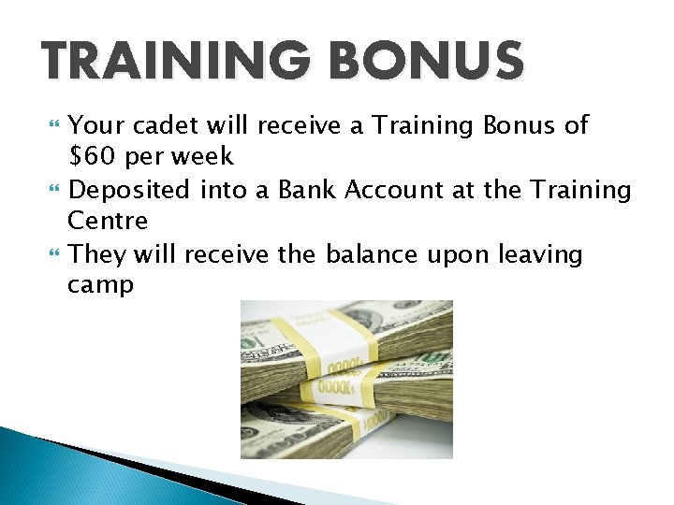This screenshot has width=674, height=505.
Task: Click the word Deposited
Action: tap(131, 190)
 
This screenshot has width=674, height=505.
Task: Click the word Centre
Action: tap(108, 222)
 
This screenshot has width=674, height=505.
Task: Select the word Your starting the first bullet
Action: tap(95, 125)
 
